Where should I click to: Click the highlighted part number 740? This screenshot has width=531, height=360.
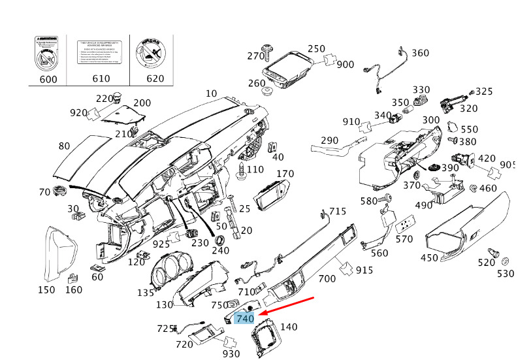click(x=244, y=318)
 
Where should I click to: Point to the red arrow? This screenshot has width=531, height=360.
click(x=287, y=306)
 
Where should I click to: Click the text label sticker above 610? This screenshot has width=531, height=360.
click(x=101, y=51)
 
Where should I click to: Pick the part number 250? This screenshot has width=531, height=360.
click(x=316, y=49)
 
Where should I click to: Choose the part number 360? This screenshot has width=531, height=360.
click(x=420, y=53)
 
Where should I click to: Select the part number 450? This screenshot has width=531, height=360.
click(x=429, y=258)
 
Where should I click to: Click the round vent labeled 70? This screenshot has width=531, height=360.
click(x=61, y=191)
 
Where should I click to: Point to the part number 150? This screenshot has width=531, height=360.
click(x=46, y=289)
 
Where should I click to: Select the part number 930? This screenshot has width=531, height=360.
click(x=231, y=353)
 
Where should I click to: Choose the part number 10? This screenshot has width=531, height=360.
click(x=211, y=93)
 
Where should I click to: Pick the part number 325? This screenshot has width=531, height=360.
click(x=484, y=91)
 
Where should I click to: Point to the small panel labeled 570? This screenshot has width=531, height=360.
click(x=407, y=223)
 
